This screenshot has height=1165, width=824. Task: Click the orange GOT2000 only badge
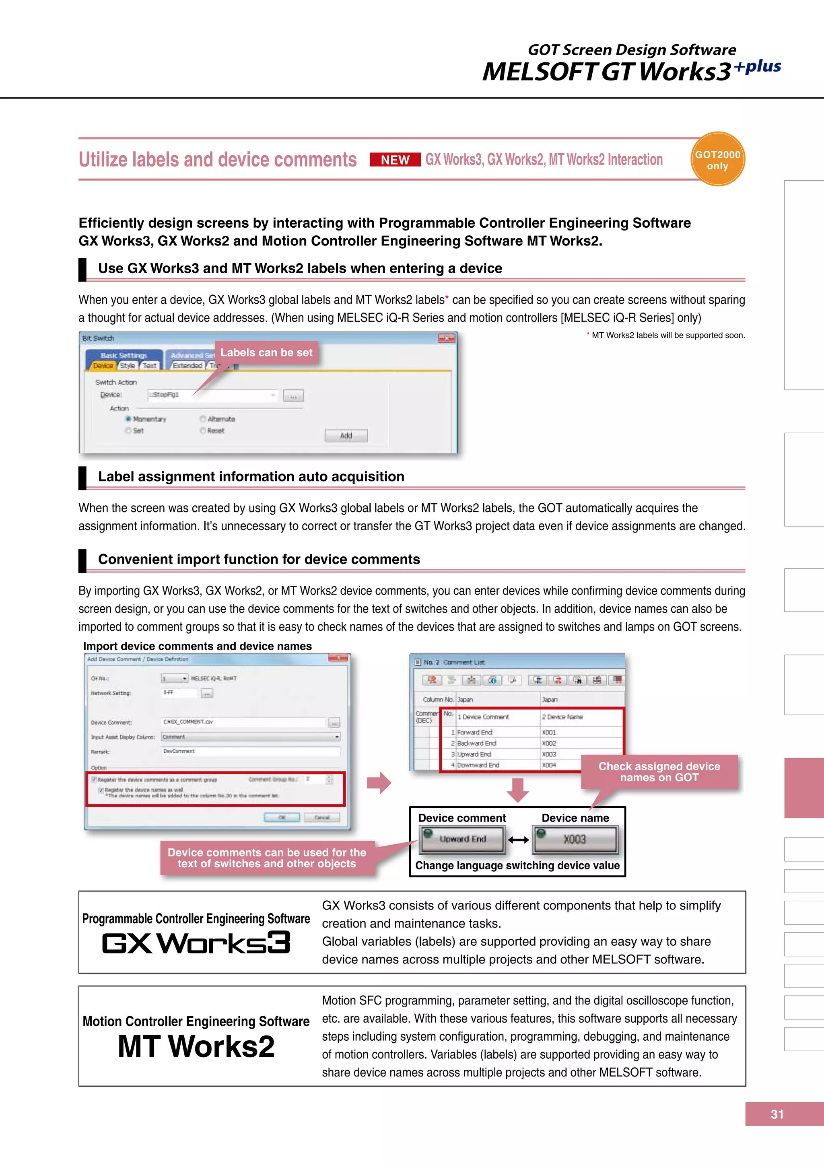pos(717,160)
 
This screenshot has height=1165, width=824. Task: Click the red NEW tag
pos(395,160)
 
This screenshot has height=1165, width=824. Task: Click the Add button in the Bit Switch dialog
pos(346,435)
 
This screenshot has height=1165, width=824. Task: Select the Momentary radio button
pos(128,419)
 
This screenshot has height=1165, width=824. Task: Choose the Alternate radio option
pos(203,419)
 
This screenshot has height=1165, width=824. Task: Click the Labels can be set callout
pos(266,352)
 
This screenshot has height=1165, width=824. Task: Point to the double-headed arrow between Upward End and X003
pos(518,840)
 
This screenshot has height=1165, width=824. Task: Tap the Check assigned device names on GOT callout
pos(659,772)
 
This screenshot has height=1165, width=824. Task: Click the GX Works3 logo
pos(196,943)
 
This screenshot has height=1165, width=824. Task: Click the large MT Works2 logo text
pos(196,1046)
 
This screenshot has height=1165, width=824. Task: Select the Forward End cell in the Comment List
pos(475,732)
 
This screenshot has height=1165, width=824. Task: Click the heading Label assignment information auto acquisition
pos(251,476)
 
